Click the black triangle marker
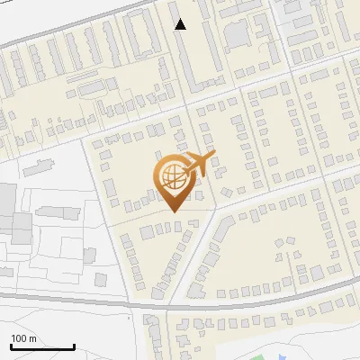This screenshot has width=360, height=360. pos(181,24)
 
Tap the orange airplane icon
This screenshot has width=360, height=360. pos(200,166)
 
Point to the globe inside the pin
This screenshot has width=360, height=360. pos(174,176)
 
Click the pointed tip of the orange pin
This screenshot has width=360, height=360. pos(174,211)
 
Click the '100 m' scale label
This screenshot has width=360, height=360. pos(23,338)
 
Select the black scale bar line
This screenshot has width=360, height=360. pos(42,346)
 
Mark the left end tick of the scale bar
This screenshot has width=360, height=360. pos(11,346)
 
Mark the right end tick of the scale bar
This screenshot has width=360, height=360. pos(74,346)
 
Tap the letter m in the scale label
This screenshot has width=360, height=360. pos(32,339)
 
